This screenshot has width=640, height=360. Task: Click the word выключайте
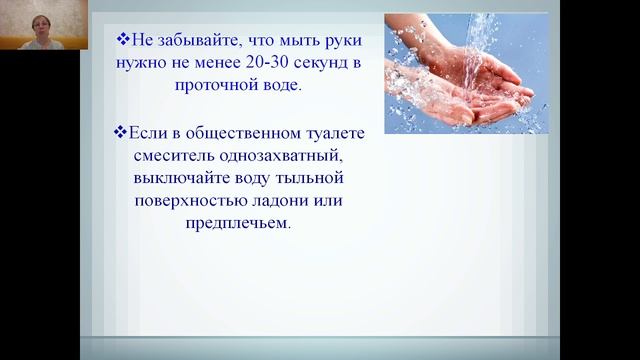(x=183, y=177)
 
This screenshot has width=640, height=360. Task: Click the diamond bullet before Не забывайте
(x=123, y=40)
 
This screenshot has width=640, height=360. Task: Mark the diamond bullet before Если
(x=121, y=132)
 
